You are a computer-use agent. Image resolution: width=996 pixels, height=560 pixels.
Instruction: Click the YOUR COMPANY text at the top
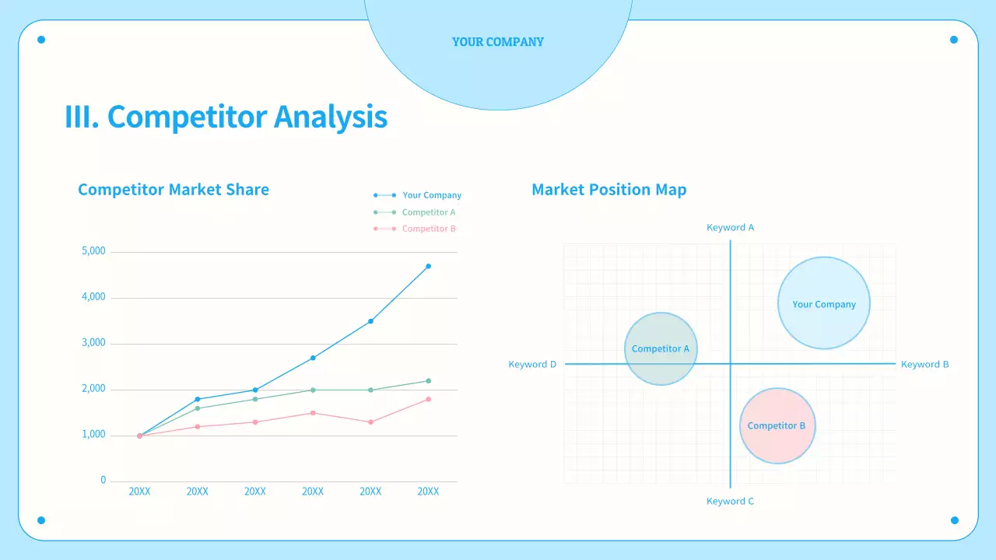(x=498, y=42)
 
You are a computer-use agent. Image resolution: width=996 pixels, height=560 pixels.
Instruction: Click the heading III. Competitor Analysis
(x=226, y=117)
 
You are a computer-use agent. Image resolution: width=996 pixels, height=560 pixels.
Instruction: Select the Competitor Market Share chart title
(x=174, y=189)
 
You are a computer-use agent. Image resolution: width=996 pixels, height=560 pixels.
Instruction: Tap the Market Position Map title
(x=608, y=189)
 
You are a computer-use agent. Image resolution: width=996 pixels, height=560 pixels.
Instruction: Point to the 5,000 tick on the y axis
(x=93, y=251)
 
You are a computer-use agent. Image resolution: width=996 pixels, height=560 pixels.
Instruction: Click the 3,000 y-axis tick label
(x=93, y=343)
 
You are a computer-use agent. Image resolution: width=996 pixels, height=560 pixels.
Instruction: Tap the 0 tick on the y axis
(x=103, y=480)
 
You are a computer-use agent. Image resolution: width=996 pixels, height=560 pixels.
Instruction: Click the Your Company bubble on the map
(x=824, y=303)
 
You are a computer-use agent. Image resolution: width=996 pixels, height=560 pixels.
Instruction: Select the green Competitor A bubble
(x=661, y=348)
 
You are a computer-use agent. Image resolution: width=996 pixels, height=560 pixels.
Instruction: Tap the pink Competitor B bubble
(x=777, y=425)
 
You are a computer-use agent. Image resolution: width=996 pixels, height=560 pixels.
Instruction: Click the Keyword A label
(x=730, y=228)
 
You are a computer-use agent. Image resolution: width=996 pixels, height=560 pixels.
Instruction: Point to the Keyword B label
(x=924, y=364)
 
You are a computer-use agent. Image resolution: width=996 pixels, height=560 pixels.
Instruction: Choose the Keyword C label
(x=730, y=501)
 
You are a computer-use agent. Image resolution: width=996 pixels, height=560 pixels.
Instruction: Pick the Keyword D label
(x=532, y=364)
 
